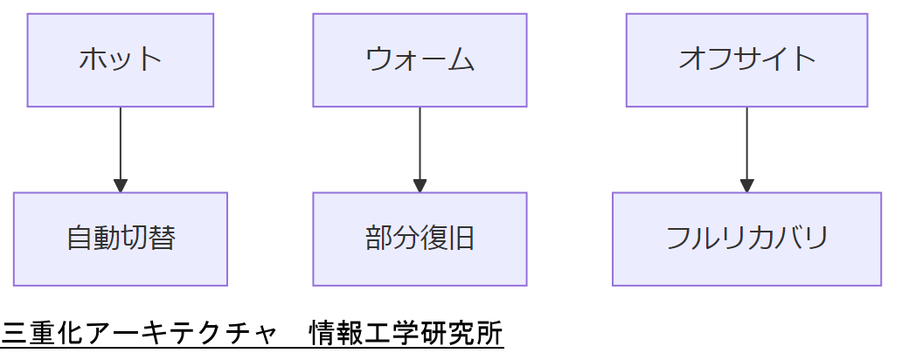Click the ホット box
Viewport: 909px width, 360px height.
pyautogui.click(x=121, y=60)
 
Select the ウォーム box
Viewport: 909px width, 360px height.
pyautogui.click(x=420, y=60)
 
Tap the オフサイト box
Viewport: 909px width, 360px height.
pyautogui.click(x=746, y=60)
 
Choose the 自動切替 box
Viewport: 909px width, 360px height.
pyautogui.click(x=121, y=239)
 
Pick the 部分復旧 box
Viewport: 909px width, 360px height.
pyautogui.click(x=420, y=239)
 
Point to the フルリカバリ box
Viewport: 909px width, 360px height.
pyautogui.click(x=746, y=239)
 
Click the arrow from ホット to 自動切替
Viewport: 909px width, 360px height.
pyautogui.click(x=121, y=144)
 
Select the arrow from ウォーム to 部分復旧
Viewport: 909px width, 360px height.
pyautogui.click(x=420, y=144)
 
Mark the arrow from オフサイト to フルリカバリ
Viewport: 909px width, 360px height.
pyautogui.click(x=746, y=144)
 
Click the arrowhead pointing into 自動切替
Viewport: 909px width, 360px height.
pyautogui.click(x=121, y=185)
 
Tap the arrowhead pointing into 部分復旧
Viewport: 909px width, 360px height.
pyautogui.click(x=420, y=185)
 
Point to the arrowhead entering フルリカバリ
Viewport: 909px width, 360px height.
pyautogui.click(x=746, y=185)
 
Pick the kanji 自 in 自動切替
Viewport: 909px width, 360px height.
pyautogui.click(x=80, y=239)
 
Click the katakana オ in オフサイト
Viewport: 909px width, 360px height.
pyautogui.click(x=692, y=60)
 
